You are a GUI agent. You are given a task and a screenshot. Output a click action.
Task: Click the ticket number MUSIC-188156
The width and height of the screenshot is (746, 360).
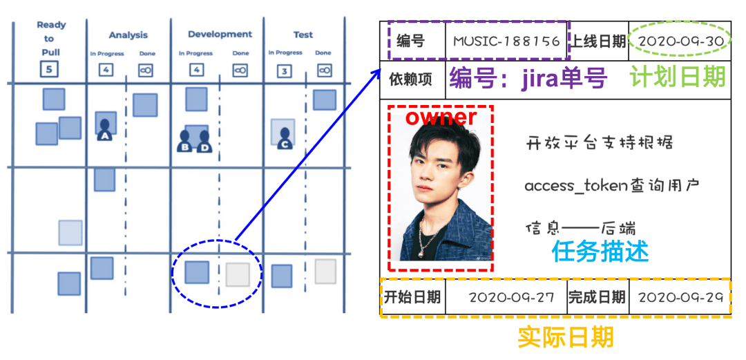(x=506, y=41)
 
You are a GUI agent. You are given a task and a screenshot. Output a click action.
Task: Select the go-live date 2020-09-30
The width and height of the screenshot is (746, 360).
(x=681, y=41)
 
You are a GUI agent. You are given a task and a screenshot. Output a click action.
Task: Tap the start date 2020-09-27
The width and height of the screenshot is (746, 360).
(x=511, y=298)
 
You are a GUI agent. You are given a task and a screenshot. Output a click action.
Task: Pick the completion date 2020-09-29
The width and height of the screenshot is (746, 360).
(x=681, y=298)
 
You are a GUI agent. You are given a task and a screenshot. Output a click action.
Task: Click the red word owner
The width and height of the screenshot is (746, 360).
(x=441, y=117)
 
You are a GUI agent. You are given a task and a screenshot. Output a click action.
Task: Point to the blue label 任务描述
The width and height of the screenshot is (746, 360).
(x=600, y=252)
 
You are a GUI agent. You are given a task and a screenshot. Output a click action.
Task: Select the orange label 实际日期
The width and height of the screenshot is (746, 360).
(x=565, y=338)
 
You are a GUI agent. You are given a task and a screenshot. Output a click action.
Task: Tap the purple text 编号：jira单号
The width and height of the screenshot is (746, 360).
(x=528, y=79)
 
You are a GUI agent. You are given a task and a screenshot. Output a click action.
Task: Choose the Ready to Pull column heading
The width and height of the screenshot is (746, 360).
(x=51, y=38)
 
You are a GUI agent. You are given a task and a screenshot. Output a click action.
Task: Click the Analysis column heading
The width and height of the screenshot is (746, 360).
(x=128, y=35)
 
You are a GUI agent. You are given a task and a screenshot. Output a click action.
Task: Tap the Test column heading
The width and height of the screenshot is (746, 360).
(x=303, y=35)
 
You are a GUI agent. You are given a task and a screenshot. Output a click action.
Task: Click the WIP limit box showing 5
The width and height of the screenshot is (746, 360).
(x=49, y=69)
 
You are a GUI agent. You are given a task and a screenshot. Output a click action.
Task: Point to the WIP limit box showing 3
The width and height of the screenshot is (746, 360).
(x=284, y=70)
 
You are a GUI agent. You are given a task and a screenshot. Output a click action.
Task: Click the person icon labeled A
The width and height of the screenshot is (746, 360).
(x=106, y=129)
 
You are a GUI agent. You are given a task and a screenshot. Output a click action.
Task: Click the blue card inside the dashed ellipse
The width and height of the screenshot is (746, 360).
(x=197, y=272)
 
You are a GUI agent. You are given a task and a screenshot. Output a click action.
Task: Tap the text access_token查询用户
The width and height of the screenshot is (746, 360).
(x=612, y=186)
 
